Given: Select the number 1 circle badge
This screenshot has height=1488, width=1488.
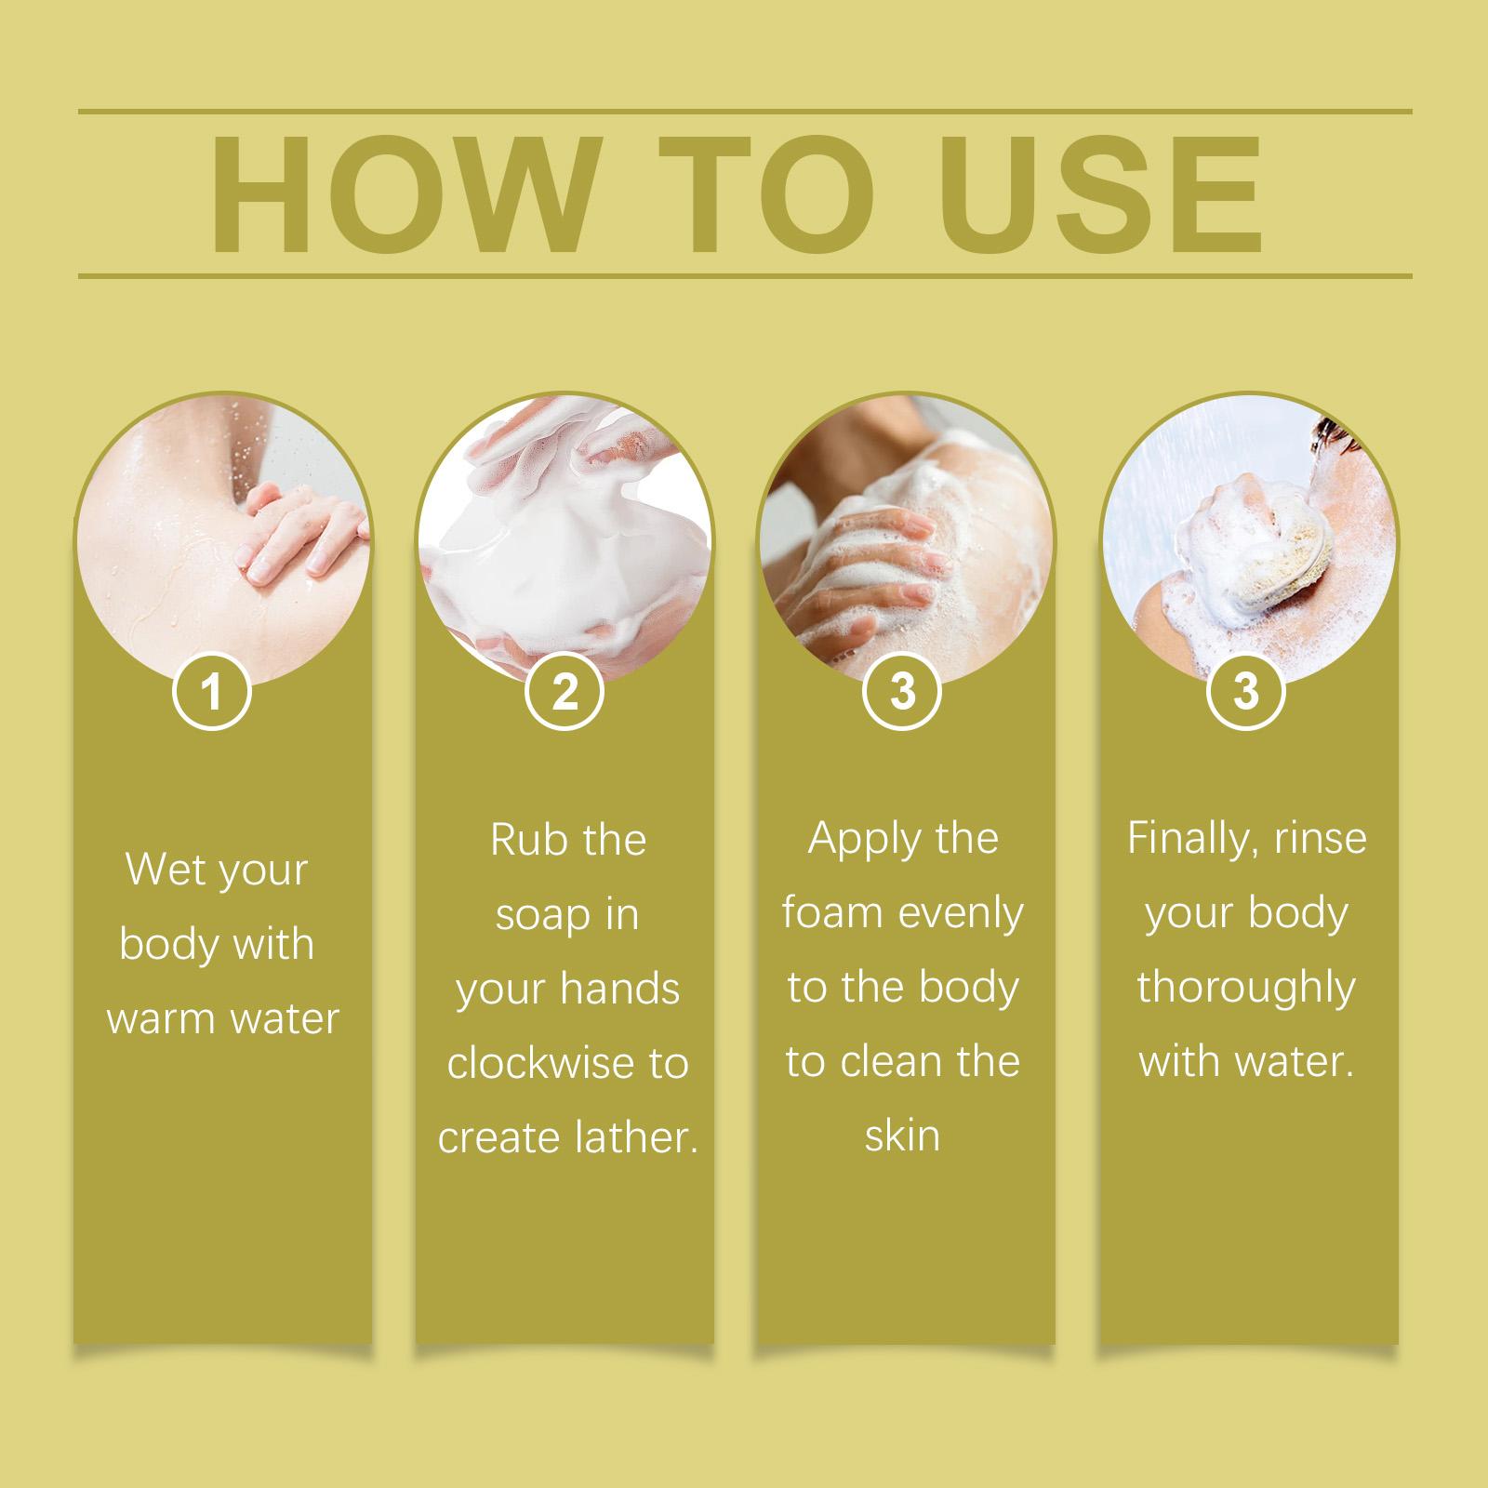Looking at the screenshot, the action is [213, 692].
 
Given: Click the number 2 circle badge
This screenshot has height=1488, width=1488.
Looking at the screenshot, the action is [565, 692].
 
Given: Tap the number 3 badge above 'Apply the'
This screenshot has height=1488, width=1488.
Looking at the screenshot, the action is [902, 692].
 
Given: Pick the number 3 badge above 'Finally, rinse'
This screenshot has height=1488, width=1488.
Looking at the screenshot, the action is [1245, 692].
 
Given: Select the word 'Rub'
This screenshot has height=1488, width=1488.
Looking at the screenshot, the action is [525, 840].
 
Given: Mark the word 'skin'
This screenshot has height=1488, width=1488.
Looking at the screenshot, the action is [902, 1136].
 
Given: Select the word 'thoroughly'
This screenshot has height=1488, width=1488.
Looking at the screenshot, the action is [1245, 990].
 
